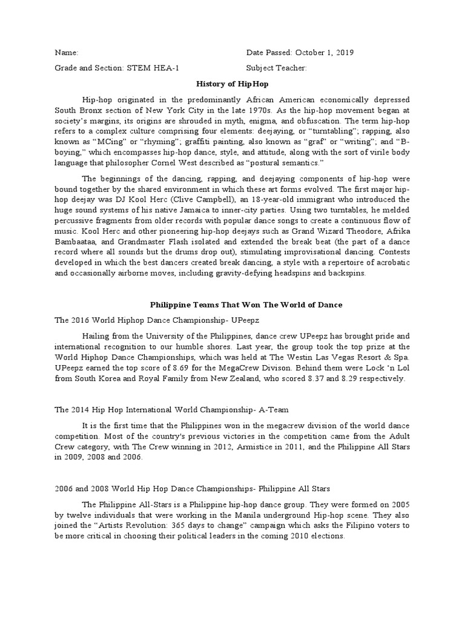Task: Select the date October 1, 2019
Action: tap(323, 53)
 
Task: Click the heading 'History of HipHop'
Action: tap(232, 84)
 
